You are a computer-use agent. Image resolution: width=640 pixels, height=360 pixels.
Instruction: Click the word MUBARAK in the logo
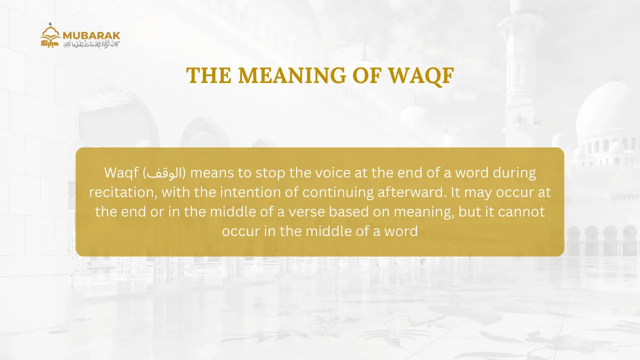pos(91,35)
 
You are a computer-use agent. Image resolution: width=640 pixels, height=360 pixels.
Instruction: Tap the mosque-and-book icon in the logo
pos(50,36)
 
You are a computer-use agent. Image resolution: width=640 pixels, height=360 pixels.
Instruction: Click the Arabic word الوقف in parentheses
pos(164,173)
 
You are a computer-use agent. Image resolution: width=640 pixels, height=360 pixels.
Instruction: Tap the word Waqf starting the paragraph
pos(121,173)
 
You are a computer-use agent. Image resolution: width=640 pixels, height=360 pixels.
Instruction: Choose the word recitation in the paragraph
pos(120,192)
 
